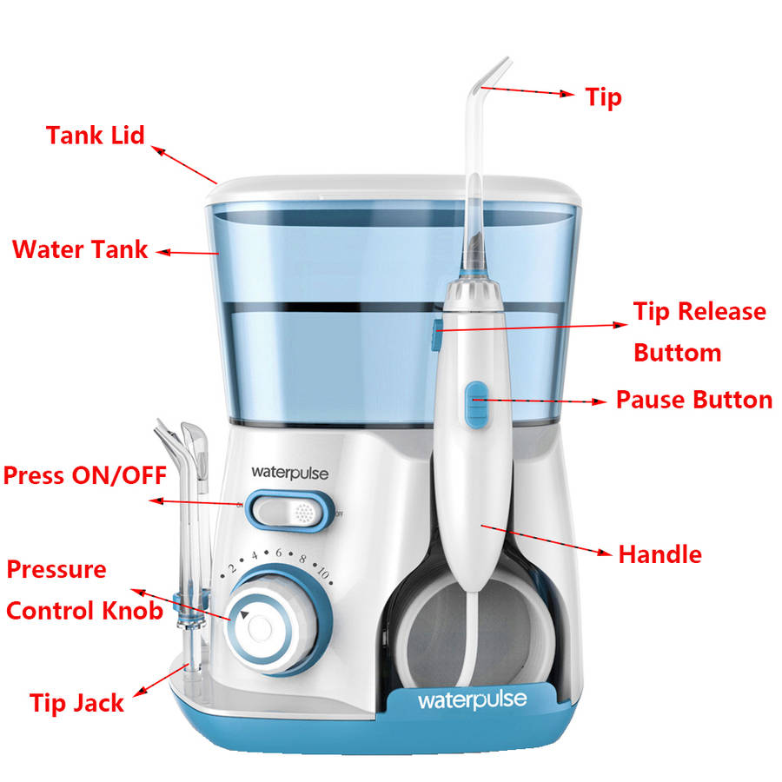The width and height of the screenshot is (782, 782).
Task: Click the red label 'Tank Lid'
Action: [x=96, y=136]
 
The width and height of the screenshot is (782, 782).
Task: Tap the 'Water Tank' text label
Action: [x=80, y=249]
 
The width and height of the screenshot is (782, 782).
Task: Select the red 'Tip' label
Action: [x=604, y=97]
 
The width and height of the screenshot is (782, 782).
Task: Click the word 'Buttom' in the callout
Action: [x=677, y=353]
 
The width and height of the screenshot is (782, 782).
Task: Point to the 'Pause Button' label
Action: [x=694, y=400]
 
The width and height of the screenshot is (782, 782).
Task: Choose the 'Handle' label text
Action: [x=659, y=554]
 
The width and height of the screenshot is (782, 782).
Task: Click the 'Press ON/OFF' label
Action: [x=85, y=476]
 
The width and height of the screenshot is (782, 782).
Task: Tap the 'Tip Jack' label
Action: [x=76, y=704]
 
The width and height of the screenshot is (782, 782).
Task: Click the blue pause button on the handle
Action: [x=477, y=405]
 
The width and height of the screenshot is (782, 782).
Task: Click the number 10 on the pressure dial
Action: [x=323, y=573]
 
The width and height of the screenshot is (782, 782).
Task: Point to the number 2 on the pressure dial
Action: [x=232, y=568]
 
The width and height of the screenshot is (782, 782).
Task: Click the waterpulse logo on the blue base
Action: [x=473, y=700]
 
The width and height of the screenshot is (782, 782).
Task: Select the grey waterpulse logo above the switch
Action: [x=289, y=473]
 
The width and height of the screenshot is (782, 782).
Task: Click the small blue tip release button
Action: [x=436, y=335]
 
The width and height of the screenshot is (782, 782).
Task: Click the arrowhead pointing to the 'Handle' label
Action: [x=606, y=552]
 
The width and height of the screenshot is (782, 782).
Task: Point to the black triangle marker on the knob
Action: [x=244, y=615]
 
